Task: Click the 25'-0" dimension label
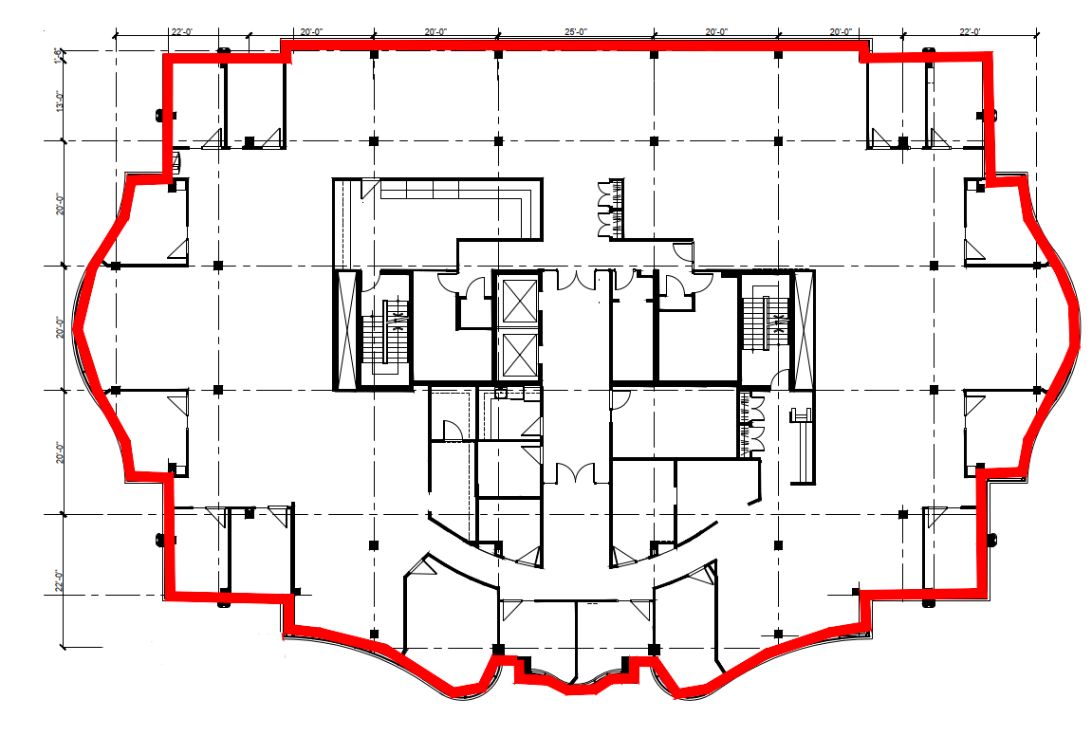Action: click(576, 32)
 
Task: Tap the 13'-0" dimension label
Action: click(59, 101)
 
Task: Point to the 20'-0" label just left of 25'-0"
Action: click(436, 32)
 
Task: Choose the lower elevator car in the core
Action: click(517, 355)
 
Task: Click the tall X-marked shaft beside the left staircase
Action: click(346, 329)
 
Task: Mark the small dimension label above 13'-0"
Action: click(59, 56)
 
